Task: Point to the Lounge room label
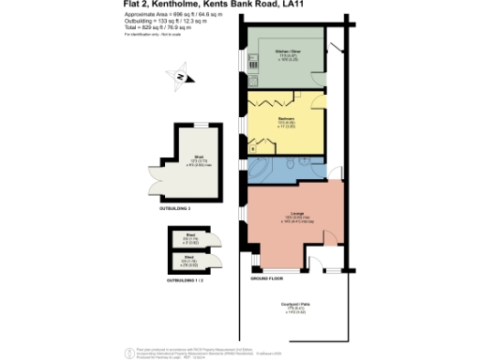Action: click(291, 217)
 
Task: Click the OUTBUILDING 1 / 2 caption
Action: click(184, 279)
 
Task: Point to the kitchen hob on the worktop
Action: click(252, 65)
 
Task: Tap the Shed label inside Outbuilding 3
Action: click(199, 157)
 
